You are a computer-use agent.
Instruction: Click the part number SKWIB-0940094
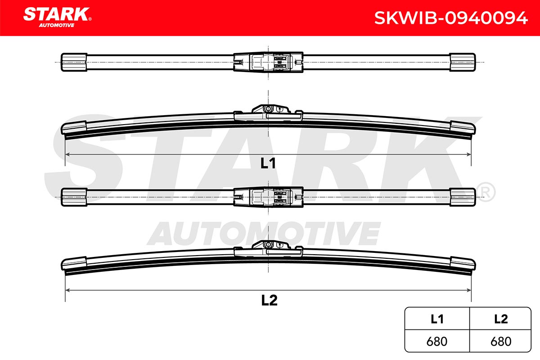tap(451, 18)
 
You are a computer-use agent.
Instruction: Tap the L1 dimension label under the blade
tap(268, 163)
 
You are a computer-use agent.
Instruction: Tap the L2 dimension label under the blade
tap(269, 300)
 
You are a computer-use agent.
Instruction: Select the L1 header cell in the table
tap(437, 319)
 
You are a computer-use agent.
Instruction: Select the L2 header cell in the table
tap(501, 319)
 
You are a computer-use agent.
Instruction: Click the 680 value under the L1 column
tap(437, 342)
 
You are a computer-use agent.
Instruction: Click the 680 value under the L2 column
tap(501, 342)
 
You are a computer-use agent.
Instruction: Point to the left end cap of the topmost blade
tap(74, 62)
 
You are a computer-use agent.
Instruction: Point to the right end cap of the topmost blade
tap(463, 62)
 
